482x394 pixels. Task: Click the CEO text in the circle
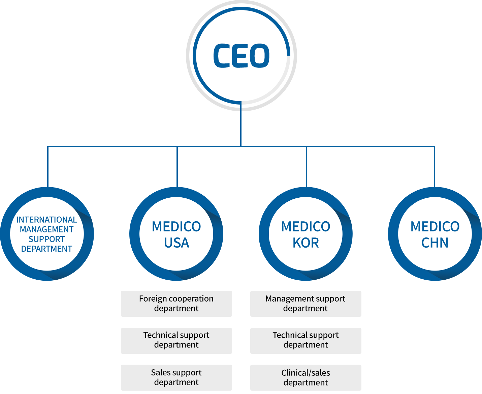[x=242, y=56]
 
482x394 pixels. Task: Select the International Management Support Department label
[x=48, y=234]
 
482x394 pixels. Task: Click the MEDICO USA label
[x=178, y=234]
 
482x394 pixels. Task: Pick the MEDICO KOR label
[x=307, y=234]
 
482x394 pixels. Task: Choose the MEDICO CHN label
[x=436, y=234]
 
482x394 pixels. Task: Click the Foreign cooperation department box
[x=176, y=303]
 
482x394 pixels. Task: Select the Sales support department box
[x=176, y=377]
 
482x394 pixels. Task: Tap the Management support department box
[x=306, y=303]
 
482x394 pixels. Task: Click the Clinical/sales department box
[x=306, y=377]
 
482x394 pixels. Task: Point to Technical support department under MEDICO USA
[x=176, y=340]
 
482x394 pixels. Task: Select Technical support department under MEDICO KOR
[x=306, y=340]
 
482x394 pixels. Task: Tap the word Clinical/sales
[x=306, y=373]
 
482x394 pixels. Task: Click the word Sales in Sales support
[x=158, y=372]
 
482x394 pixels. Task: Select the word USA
[x=177, y=243]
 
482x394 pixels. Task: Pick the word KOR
[x=306, y=243]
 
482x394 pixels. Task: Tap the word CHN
[x=435, y=243]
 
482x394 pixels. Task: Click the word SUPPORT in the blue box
[x=46, y=239]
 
